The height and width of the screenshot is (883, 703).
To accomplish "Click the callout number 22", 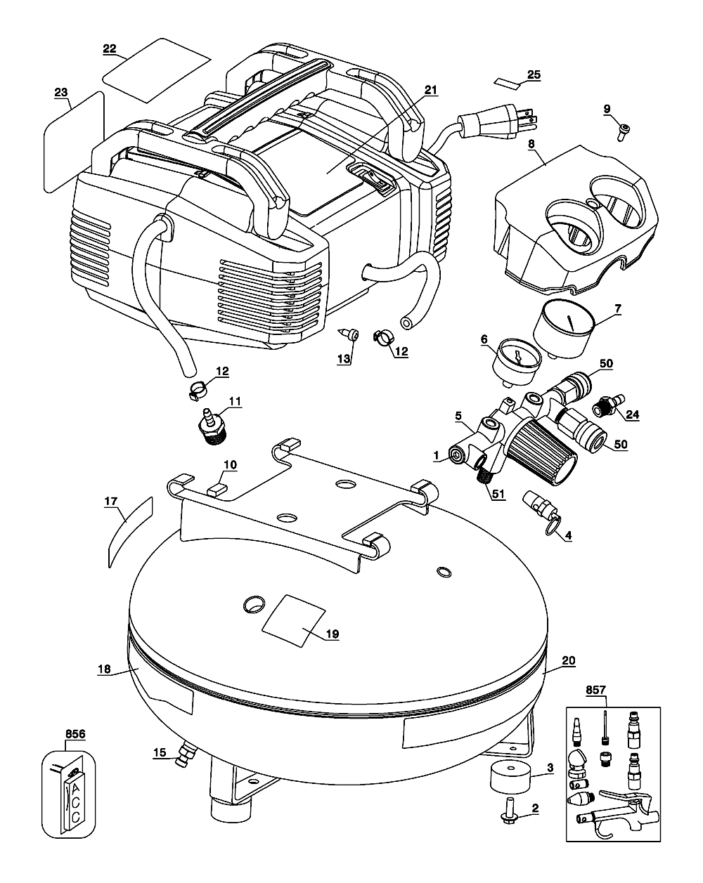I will [x=110, y=48].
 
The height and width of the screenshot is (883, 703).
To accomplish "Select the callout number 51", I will [x=498, y=493].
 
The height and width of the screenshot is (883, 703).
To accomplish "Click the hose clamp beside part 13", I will [x=385, y=336].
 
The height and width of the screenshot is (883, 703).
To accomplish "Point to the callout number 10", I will [x=231, y=464].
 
